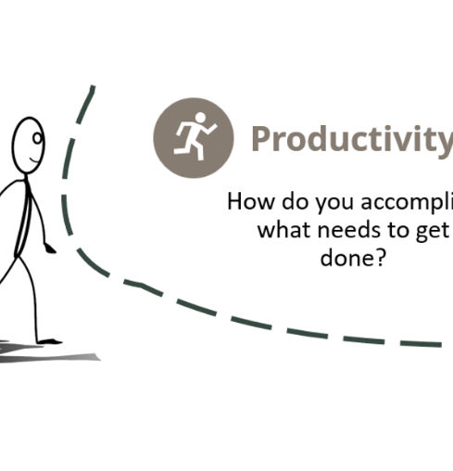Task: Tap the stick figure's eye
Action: (x=37, y=138)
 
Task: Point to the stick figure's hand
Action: (x=50, y=248)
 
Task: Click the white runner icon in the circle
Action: (x=195, y=137)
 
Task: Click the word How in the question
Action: (x=247, y=202)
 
